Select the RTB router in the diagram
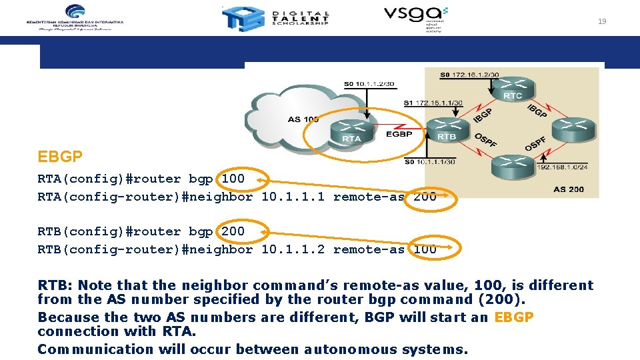(447, 127)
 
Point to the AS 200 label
(568, 189)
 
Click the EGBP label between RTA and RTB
(399, 134)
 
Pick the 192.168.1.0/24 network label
(561, 167)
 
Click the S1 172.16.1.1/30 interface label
(433, 103)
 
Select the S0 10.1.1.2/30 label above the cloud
(369, 84)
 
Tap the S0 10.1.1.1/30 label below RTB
(430, 161)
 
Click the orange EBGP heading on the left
(60, 157)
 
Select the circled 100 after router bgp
(233, 179)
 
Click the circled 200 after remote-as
(425, 197)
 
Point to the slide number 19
(602, 21)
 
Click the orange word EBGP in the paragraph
(514, 317)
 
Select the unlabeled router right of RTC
(573, 127)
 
